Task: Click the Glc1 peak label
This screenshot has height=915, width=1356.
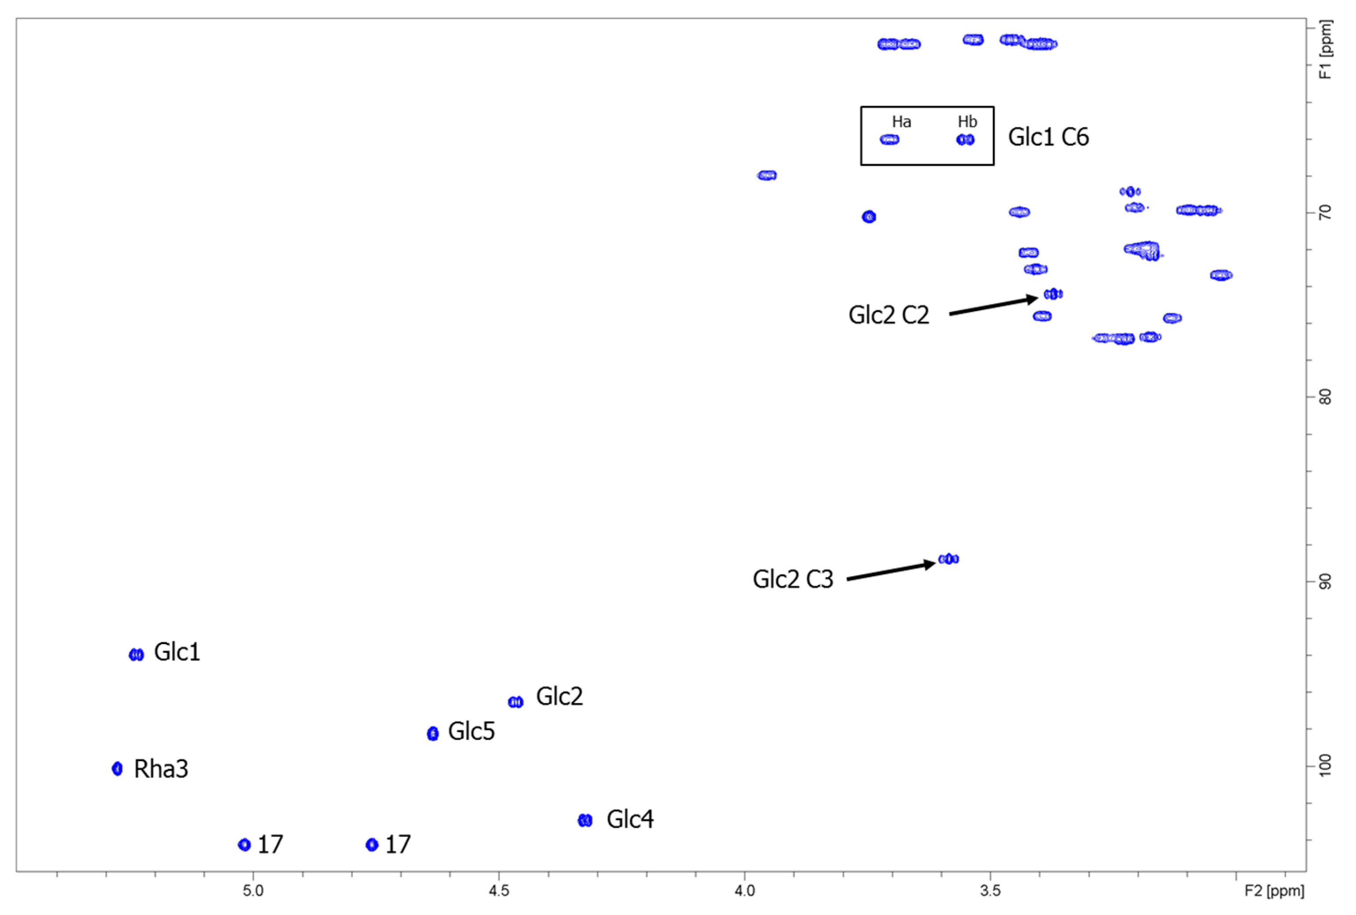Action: pos(177,652)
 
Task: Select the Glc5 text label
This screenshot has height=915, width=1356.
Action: pos(471,731)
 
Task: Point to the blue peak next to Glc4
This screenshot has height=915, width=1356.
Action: pos(585,820)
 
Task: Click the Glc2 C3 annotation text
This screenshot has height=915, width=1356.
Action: pos(792,579)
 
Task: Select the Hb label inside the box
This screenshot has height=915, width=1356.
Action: pos(967,122)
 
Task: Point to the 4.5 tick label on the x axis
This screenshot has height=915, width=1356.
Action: pos(499,891)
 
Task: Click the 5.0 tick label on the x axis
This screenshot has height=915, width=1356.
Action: pos(253,891)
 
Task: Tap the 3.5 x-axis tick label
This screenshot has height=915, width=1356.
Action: pos(990,891)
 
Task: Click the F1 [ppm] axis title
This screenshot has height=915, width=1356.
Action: pos(1326,50)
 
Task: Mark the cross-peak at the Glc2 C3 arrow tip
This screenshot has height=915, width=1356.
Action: pos(948,559)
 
